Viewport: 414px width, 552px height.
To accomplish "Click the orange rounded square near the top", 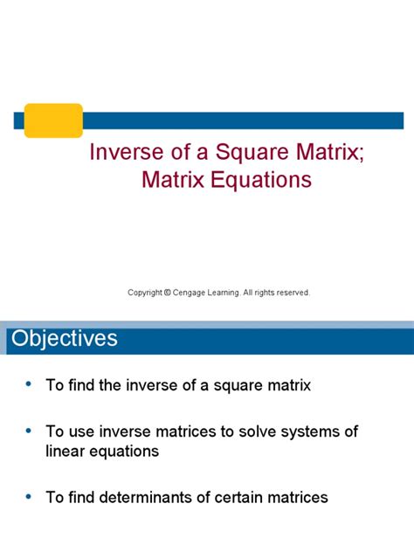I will coord(52,120).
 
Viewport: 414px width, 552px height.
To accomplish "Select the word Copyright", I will coord(144,293).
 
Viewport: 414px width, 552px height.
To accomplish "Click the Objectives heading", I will coord(64,338).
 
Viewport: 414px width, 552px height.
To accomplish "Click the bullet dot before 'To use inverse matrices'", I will coord(29,431).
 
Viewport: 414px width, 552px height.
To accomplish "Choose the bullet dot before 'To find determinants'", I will coord(29,496).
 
